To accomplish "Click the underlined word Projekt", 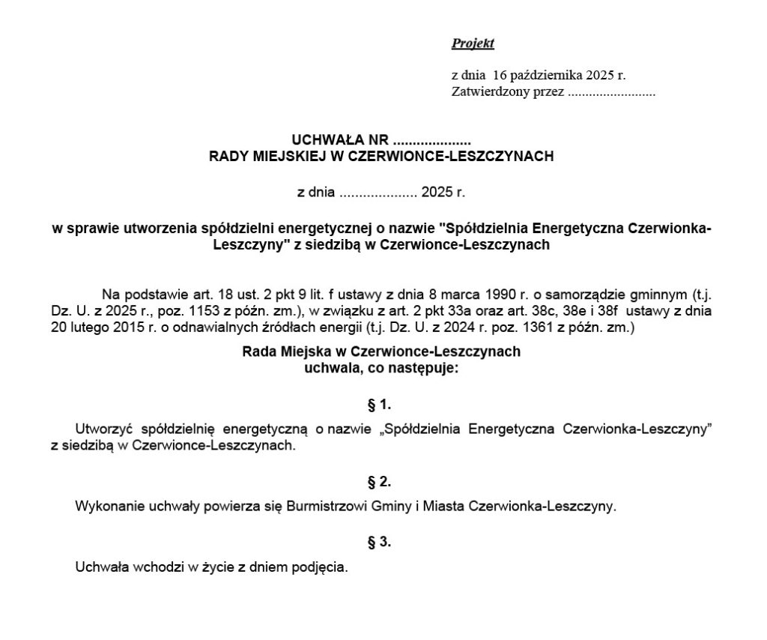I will click(x=473, y=43).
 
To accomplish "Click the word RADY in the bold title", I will click(x=228, y=157).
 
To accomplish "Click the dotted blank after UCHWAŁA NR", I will click(x=431, y=141).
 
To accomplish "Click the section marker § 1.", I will click(x=380, y=405).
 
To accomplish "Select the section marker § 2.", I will click(x=380, y=482).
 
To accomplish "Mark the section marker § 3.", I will click(x=380, y=542).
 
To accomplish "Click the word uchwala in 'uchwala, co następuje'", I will click(x=327, y=368).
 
